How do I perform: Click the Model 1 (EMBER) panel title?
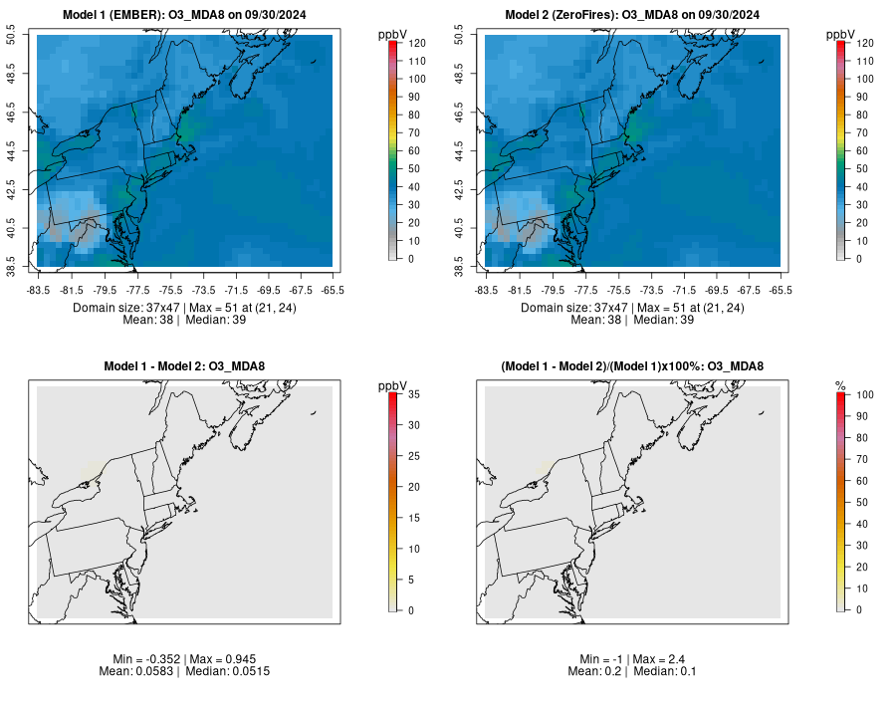pyautogui.click(x=184, y=15)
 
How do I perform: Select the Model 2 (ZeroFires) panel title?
pyautogui.click(x=632, y=15)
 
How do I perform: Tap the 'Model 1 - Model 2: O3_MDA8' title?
pyautogui.click(x=184, y=367)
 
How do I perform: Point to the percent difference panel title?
pyautogui.click(x=632, y=367)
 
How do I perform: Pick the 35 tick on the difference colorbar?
pyautogui.click(x=413, y=395)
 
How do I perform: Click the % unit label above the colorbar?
pyautogui.click(x=840, y=385)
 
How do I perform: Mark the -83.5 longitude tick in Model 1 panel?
pyautogui.click(x=39, y=290)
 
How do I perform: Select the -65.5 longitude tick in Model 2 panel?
pyautogui.click(x=781, y=290)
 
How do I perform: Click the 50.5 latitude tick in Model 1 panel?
pyautogui.click(x=24, y=37)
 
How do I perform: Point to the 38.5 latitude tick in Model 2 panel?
pyautogui.click(x=472, y=267)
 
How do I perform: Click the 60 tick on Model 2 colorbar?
pyautogui.click(x=861, y=150)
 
